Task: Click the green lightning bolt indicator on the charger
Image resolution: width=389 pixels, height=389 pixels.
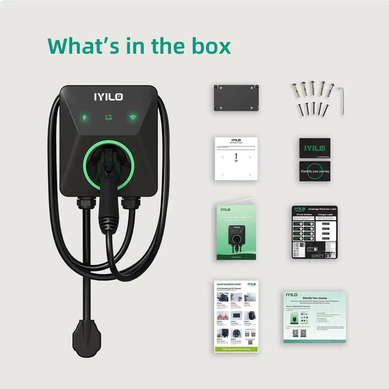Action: pos(84,117)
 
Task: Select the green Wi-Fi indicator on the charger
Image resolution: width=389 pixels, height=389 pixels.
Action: pos(133,117)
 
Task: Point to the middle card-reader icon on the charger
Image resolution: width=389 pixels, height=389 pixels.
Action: pos(109,117)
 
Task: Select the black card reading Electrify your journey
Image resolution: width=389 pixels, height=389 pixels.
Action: pos(315,171)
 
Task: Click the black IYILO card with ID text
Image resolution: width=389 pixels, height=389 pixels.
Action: pos(315,148)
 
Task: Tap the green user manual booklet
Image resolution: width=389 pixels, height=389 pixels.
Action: pos(236,232)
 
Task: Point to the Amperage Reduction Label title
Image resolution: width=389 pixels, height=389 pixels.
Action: pos(322,209)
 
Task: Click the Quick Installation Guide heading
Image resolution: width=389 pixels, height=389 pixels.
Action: pos(229,284)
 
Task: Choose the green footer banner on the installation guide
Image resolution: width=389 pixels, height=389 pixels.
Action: pos(236,349)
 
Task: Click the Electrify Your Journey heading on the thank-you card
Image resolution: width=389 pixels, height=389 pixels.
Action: pos(315,298)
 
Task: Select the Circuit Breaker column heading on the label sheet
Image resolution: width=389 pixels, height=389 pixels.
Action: pos(304,214)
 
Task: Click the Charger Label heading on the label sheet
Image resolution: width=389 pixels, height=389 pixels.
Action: pos(325,214)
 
